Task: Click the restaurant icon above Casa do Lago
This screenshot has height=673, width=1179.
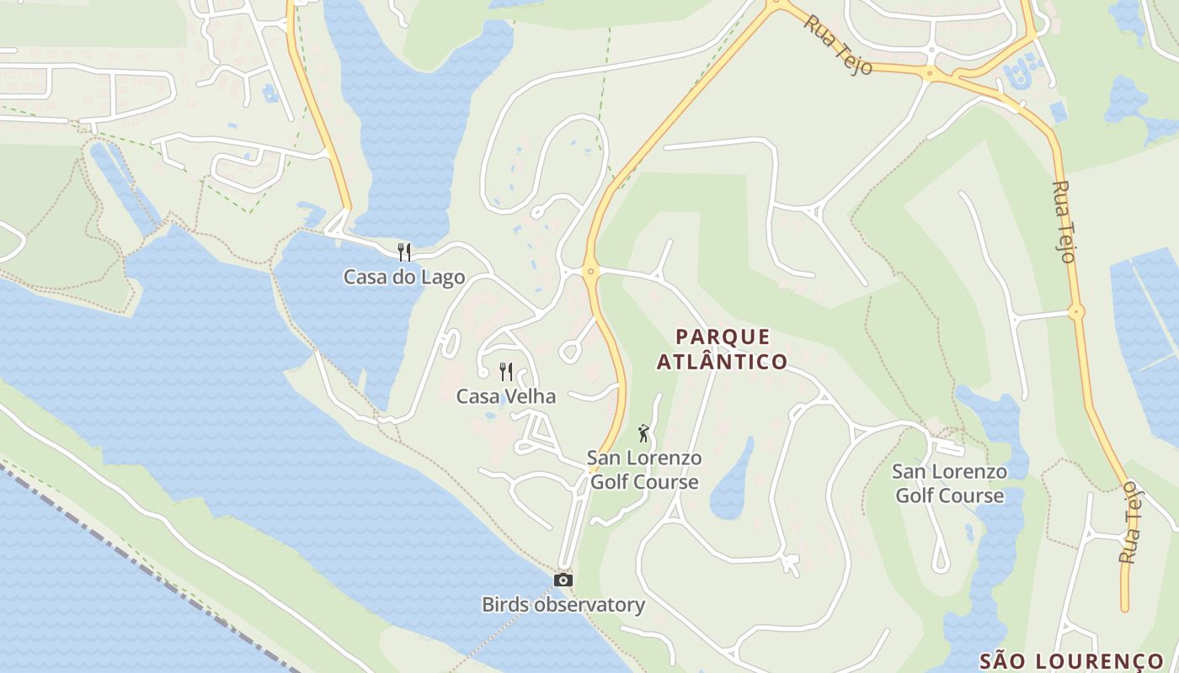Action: pyautogui.click(x=404, y=252)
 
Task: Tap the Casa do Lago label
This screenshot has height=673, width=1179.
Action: pyautogui.click(x=404, y=277)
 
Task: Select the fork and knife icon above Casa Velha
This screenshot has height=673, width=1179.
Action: pyautogui.click(x=506, y=371)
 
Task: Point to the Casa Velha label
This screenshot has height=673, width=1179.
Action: pyautogui.click(x=506, y=396)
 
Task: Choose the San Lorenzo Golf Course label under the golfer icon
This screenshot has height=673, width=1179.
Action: pyautogui.click(x=644, y=470)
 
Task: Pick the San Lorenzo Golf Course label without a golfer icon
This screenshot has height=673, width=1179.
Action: pyautogui.click(x=950, y=484)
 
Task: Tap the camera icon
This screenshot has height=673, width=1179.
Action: pyautogui.click(x=563, y=580)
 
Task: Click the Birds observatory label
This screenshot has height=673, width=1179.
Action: pyautogui.click(x=563, y=604)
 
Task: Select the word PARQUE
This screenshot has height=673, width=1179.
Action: pyautogui.click(x=723, y=337)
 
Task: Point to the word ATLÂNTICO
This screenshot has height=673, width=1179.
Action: pyautogui.click(x=723, y=362)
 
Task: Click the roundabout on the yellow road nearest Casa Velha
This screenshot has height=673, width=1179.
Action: pyautogui.click(x=590, y=271)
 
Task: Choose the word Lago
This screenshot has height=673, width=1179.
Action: pyautogui.click(x=444, y=277)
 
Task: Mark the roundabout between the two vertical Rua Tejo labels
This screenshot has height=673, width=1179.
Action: pyautogui.click(x=1075, y=312)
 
